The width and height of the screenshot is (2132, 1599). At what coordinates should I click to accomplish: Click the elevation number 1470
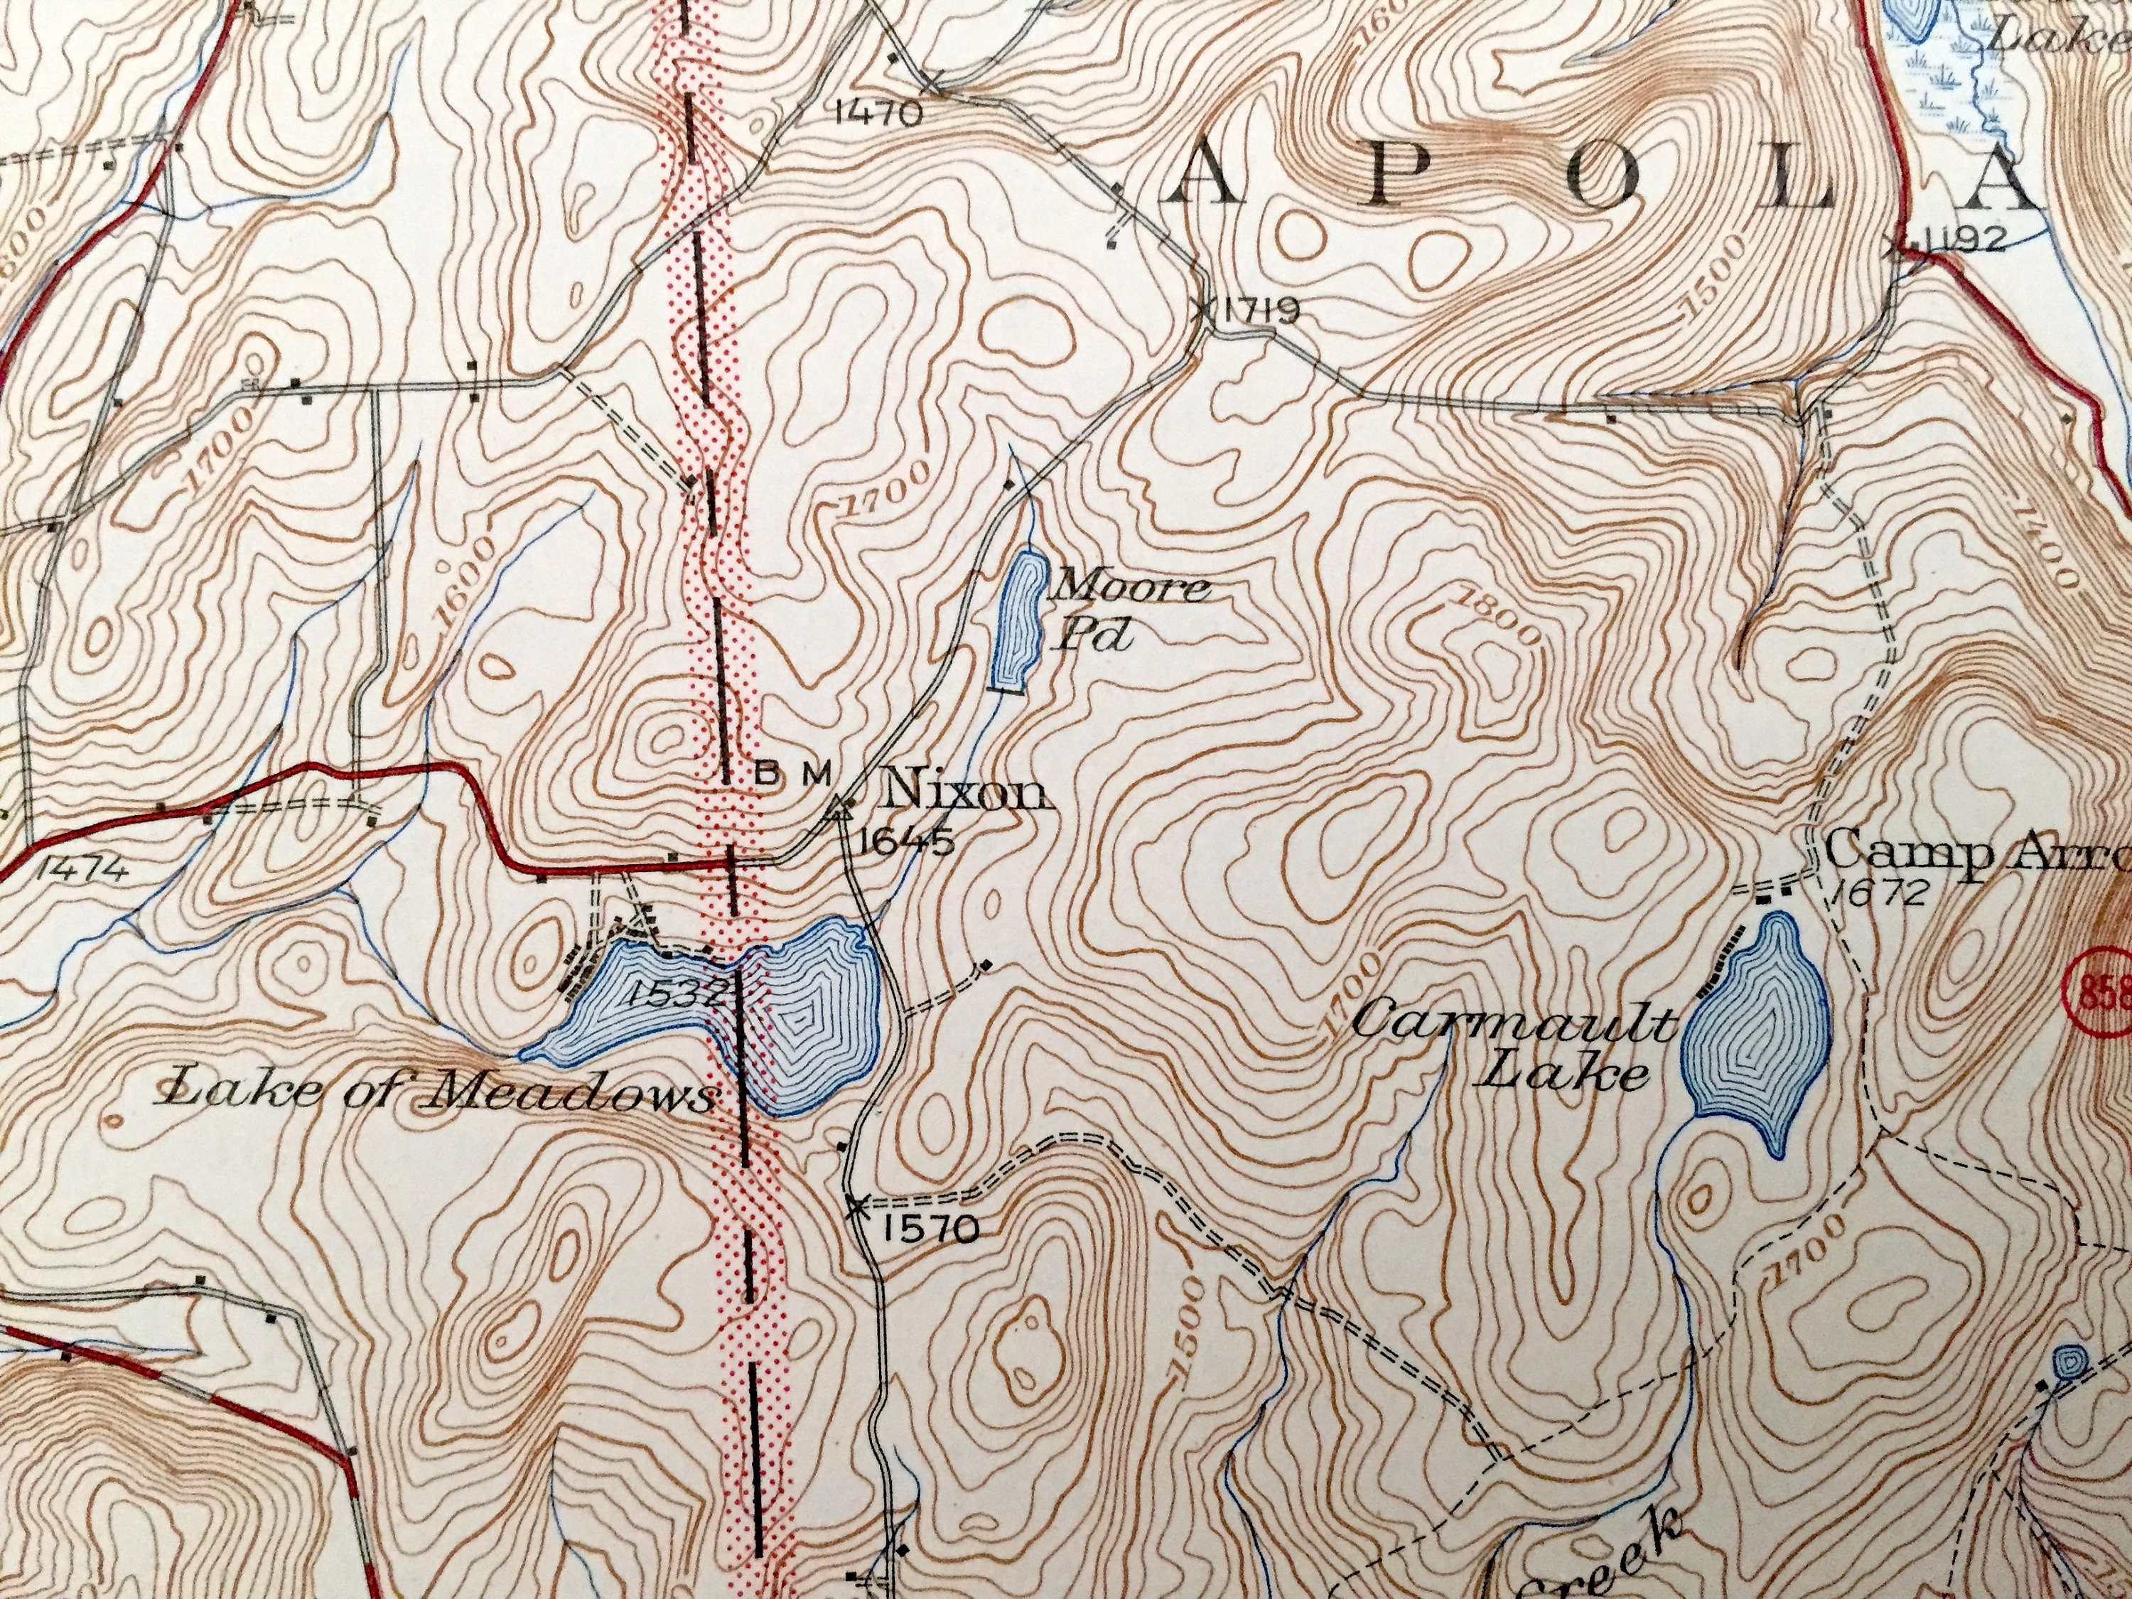[878, 114]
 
